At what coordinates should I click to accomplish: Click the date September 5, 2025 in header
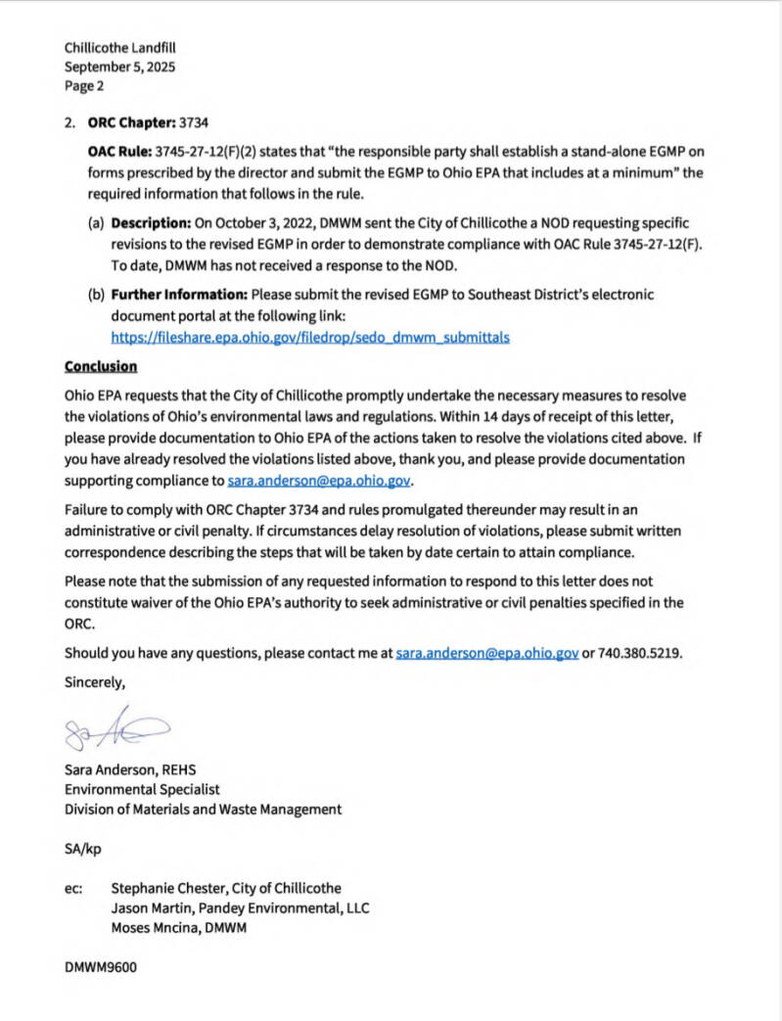point(120,67)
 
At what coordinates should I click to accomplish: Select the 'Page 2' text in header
point(84,86)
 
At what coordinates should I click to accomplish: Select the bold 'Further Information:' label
point(179,294)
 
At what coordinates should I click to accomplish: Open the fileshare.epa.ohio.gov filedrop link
point(310,337)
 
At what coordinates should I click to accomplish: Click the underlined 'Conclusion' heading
point(101,366)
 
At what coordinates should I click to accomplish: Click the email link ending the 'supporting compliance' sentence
point(319,481)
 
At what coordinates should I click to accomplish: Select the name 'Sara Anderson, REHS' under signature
point(130,769)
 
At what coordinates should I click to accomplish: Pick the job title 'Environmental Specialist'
point(142,789)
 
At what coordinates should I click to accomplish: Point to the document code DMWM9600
point(101,967)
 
